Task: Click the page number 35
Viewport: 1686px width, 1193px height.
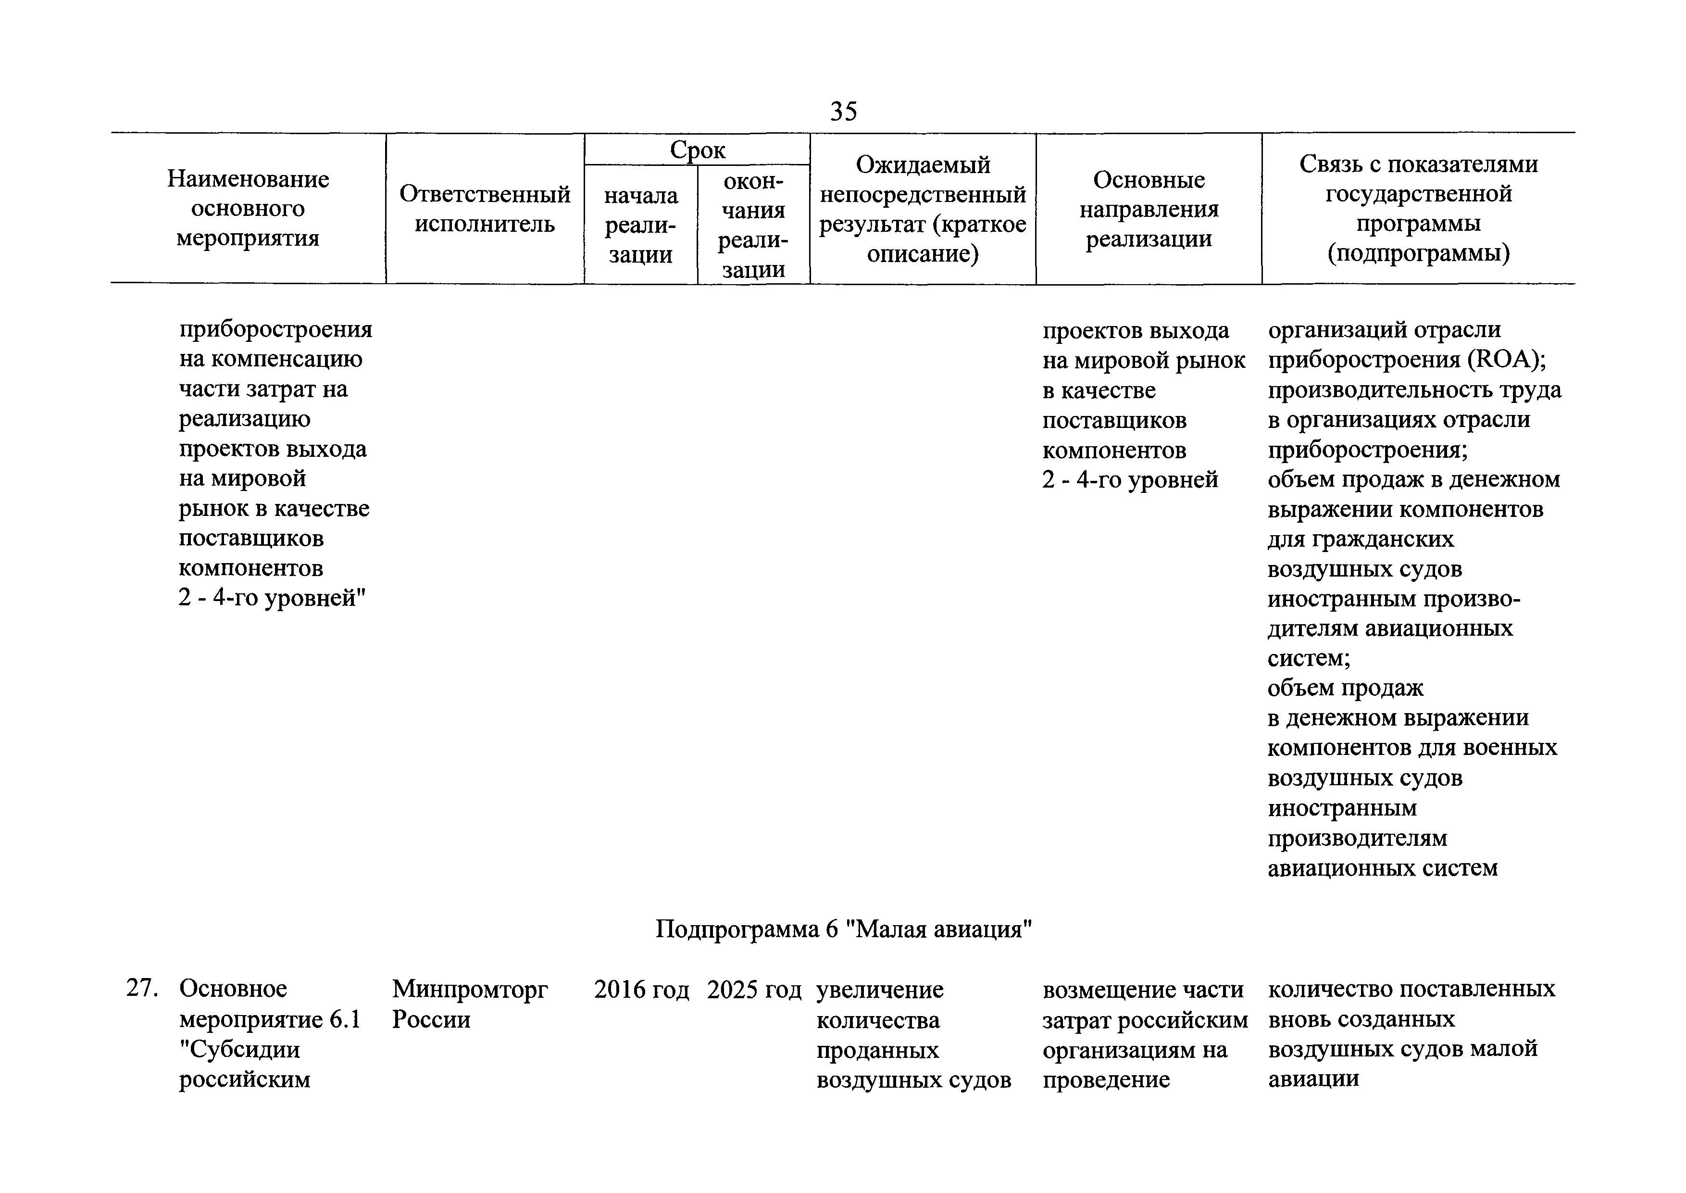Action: click(x=843, y=112)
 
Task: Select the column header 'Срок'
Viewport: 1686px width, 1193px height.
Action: click(x=697, y=150)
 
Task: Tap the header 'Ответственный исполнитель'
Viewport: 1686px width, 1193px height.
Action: click(x=485, y=209)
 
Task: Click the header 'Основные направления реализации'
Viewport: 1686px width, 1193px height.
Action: click(x=1149, y=209)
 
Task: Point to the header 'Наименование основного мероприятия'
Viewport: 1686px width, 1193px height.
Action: click(x=248, y=209)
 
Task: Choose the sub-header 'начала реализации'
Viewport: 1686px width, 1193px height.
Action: click(x=641, y=225)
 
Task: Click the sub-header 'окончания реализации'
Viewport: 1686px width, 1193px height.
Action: click(x=753, y=225)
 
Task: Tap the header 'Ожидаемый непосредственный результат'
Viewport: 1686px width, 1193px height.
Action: click(x=923, y=209)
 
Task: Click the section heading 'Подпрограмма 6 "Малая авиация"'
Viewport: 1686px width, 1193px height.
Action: click(x=843, y=930)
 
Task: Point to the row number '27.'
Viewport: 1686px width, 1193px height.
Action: click(x=142, y=989)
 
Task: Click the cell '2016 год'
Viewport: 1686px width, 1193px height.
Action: click(x=641, y=990)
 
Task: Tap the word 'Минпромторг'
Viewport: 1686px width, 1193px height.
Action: click(x=470, y=990)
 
